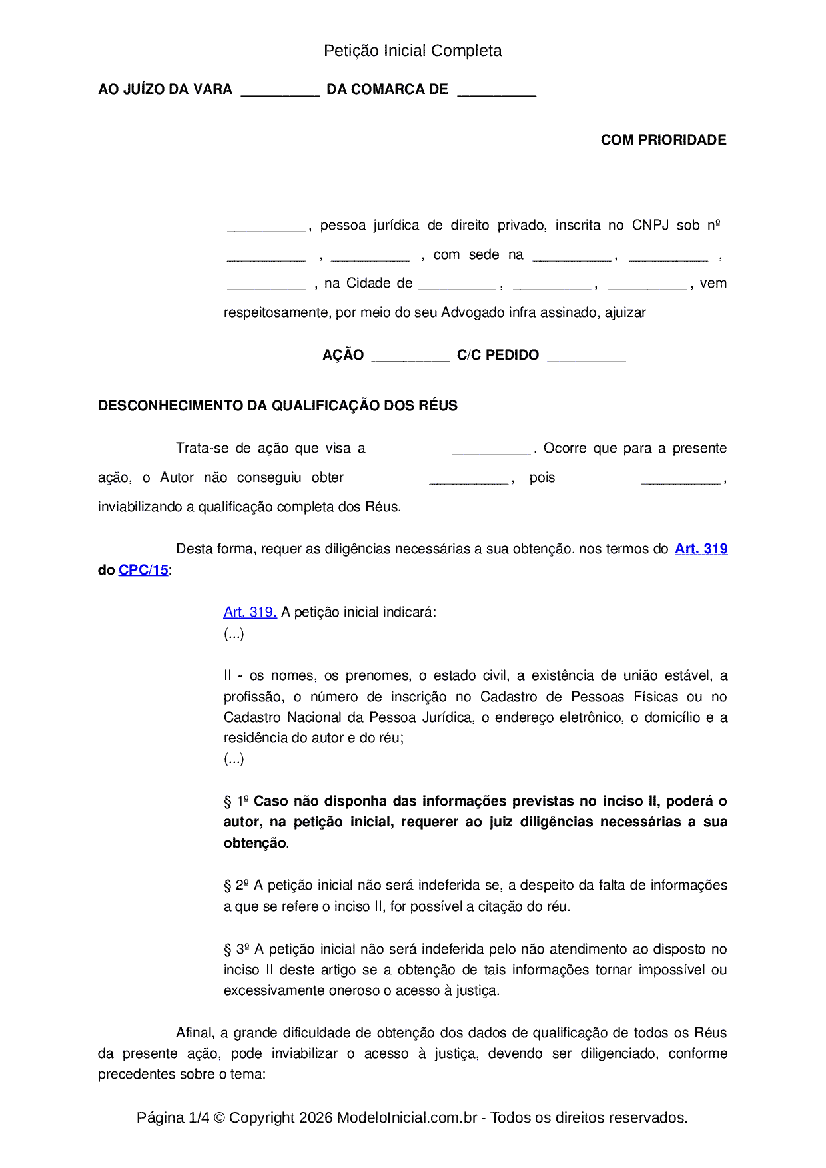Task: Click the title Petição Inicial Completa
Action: tap(412, 51)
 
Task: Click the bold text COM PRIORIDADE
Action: tap(663, 140)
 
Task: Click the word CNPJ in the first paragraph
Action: tap(650, 225)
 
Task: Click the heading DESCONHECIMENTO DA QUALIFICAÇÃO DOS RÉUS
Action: tap(277, 406)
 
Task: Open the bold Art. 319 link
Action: tap(701, 549)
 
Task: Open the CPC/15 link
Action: tap(143, 570)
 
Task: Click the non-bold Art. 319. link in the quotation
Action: tap(250, 612)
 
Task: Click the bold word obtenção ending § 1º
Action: tap(254, 843)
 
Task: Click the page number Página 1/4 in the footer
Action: tap(173, 1117)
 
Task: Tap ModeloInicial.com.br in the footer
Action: tap(406, 1117)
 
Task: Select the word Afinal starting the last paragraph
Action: tap(195, 1033)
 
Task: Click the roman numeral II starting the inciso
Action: tap(228, 675)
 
